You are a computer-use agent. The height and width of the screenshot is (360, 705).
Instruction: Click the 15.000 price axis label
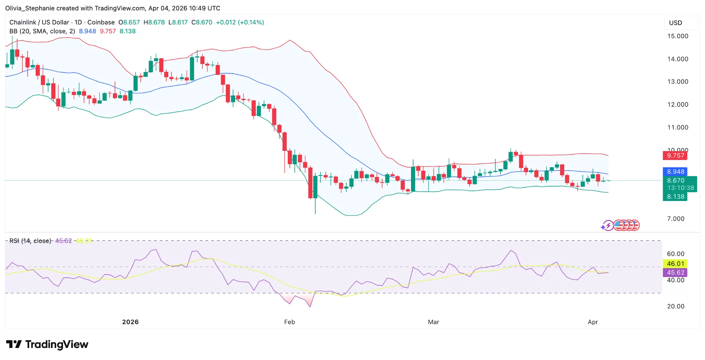(677, 36)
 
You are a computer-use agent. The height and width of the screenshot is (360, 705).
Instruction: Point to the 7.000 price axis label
(675, 219)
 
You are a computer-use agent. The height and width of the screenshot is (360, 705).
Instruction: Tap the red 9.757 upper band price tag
(675, 156)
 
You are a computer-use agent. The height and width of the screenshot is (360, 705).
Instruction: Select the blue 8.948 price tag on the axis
(675, 171)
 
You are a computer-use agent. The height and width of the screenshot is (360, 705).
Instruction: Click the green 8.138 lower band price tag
(675, 197)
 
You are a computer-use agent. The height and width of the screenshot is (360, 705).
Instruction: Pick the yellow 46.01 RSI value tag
(675, 264)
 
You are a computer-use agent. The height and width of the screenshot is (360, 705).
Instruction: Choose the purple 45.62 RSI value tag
(675, 273)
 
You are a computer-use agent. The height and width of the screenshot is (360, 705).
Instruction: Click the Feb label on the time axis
(290, 322)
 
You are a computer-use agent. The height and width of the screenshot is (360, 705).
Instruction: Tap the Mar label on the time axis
(433, 322)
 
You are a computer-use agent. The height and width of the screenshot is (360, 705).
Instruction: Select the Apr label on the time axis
(593, 322)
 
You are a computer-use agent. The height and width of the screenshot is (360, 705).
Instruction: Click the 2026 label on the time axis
(130, 322)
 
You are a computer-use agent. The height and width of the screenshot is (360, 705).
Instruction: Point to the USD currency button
(675, 23)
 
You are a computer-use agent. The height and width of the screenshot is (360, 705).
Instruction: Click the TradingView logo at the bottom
(47, 345)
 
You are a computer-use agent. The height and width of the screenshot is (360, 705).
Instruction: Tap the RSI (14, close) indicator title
(30, 241)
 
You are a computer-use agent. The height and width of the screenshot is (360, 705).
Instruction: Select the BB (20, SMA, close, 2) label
(42, 31)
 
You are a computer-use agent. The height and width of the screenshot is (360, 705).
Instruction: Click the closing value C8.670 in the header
(202, 22)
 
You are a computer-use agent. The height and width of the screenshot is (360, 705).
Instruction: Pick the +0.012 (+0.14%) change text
(240, 22)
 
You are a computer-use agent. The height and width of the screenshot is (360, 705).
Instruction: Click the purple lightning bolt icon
(608, 225)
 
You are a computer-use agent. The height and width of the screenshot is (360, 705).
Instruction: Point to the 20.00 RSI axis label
(675, 306)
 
